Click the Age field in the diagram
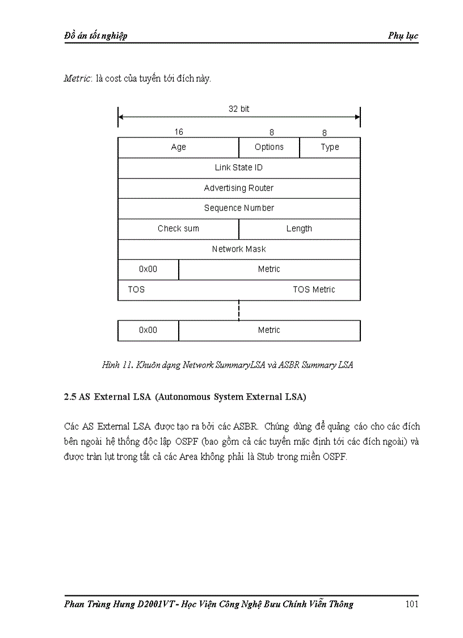(178, 147)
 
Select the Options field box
(269, 147)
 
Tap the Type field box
(330, 147)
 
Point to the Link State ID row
(239, 168)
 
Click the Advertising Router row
(239, 188)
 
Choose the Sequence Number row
(239, 208)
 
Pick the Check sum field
(178, 228)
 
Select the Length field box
(299, 228)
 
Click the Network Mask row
(239, 249)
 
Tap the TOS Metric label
(314, 290)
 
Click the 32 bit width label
(239, 109)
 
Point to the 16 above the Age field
(179, 132)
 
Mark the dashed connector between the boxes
(239, 310)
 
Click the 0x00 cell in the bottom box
(148, 330)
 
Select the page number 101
(412, 604)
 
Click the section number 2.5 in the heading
(70, 398)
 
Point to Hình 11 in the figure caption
(116, 365)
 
